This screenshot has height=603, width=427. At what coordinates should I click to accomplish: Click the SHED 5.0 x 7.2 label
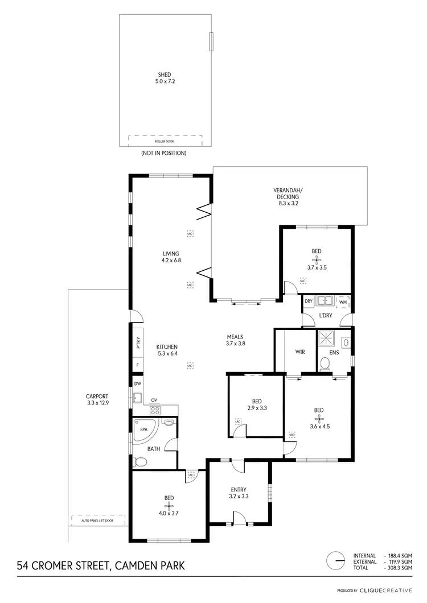point(165,78)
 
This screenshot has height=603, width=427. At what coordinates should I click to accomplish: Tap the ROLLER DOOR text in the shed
point(165,141)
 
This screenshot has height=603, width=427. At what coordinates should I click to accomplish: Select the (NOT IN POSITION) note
point(163,153)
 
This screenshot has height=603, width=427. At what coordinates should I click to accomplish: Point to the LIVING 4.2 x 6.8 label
point(171,257)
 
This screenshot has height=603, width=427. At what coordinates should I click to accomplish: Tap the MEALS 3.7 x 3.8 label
point(235,340)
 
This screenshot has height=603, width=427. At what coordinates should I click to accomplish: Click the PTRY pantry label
point(138,343)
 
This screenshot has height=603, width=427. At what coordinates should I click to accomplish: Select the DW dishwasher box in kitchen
point(138,383)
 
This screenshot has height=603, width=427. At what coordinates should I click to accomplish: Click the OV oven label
point(154,400)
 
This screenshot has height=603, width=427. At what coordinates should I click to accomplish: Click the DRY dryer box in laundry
point(309,301)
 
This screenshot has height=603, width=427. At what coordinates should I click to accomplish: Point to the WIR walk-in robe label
point(300,352)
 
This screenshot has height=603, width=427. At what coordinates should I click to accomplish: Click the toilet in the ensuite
point(325,364)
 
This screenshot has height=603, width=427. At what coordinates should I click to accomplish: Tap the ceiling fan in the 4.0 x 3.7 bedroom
point(169,505)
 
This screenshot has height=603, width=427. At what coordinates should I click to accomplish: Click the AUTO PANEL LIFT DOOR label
point(97,520)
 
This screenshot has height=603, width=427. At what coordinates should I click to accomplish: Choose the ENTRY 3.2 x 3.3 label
point(238,493)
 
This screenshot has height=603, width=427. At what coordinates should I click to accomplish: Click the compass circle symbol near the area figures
point(336,560)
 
